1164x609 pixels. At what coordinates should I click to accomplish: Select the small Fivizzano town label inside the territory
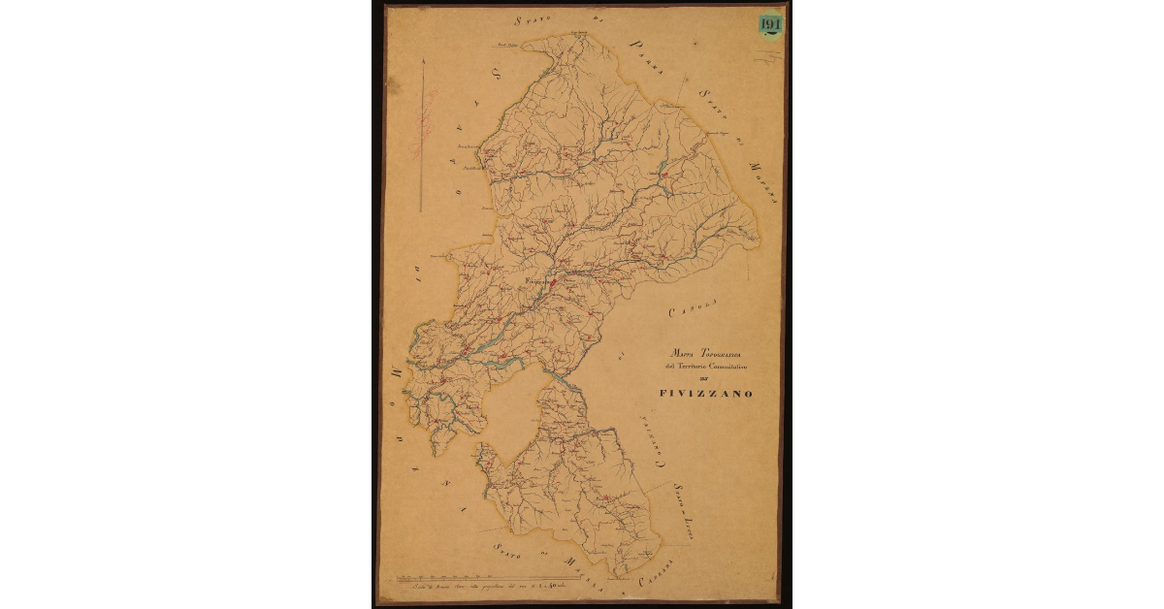point(536,281)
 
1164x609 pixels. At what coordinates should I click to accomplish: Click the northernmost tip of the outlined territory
point(580,34)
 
